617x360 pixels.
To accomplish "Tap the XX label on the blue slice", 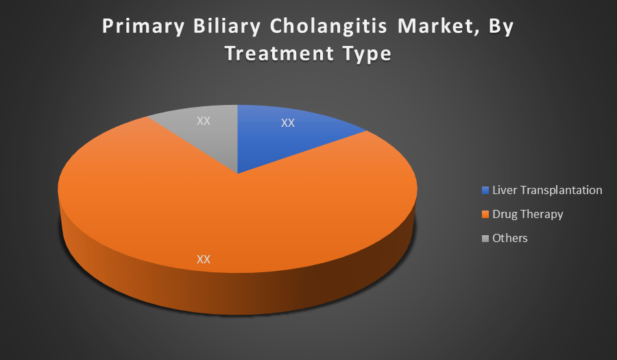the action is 288,123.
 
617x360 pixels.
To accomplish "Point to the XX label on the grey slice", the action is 204,121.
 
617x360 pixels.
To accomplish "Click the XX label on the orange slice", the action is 204,259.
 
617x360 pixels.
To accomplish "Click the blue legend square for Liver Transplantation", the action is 485,191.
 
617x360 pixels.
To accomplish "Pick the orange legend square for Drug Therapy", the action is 485,215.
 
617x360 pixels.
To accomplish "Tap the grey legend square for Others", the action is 485,239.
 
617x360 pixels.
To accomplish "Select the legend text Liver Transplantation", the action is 547,191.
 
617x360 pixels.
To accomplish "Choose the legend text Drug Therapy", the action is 528,215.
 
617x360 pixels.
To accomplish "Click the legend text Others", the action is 510,238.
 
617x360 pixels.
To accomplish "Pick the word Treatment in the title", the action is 280,53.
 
